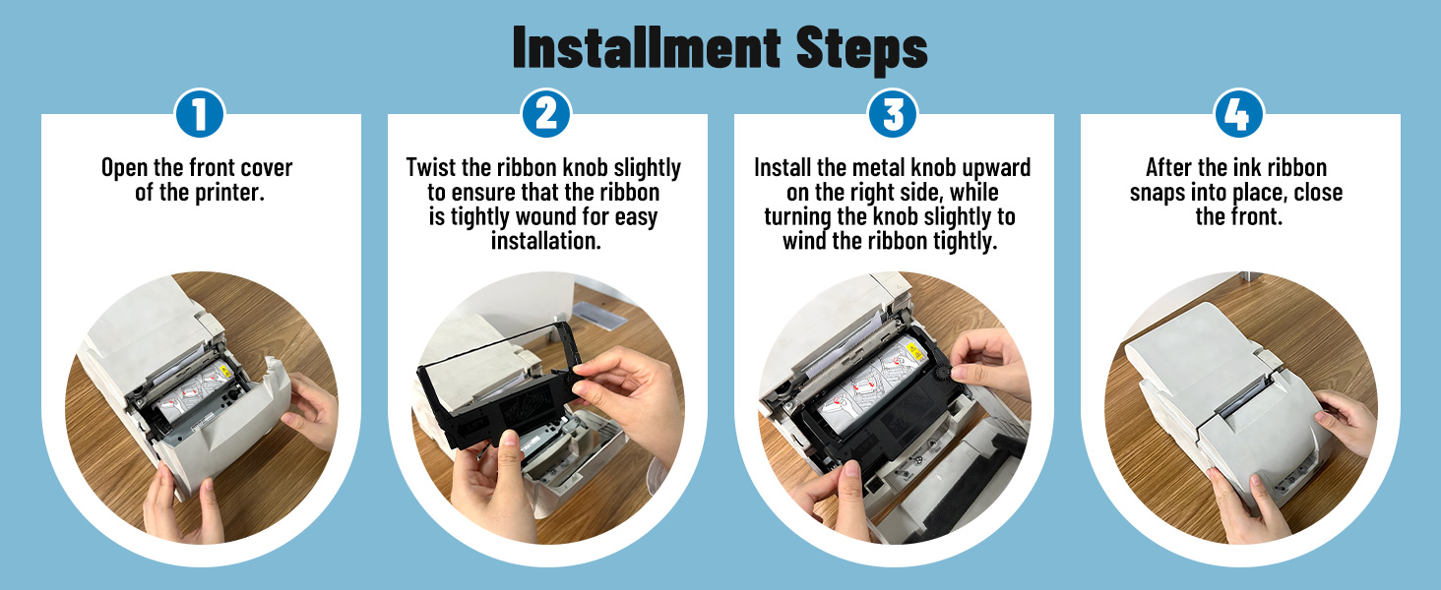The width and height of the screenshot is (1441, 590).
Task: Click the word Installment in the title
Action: point(647,47)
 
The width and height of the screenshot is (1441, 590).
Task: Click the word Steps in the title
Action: point(862,50)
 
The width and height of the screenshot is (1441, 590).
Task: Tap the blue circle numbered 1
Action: point(200,114)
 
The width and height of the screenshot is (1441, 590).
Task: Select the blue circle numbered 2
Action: point(546,114)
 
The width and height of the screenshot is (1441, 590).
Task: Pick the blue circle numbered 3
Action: point(893,114)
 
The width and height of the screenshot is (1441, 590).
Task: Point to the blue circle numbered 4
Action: point(1239,114)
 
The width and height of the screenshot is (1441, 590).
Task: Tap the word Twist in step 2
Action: point(430,167)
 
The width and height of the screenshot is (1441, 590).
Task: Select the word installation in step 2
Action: point(545,241)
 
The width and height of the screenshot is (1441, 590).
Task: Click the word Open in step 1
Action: point(124,168)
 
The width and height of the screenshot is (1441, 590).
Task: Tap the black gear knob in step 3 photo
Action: point(944,374)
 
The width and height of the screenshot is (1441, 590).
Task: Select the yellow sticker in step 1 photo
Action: point(224,372)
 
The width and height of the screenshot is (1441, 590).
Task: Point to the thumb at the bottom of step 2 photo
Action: point(510,451)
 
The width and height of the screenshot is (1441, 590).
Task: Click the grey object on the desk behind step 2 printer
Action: point(598,315)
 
